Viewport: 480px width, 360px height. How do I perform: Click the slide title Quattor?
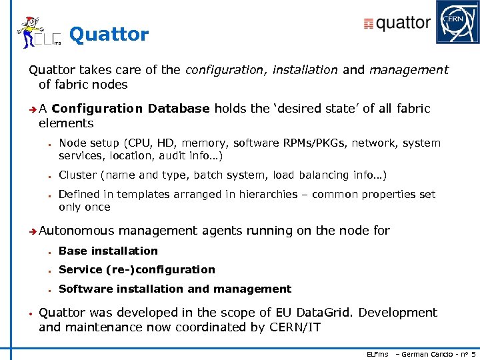click(109, 34)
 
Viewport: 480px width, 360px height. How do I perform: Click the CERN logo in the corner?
click(457, 22)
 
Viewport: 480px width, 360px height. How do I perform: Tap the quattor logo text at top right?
click(398, 23)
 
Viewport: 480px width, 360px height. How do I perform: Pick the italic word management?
click(409, 70)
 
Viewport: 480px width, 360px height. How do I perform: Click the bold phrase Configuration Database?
click(131, 109)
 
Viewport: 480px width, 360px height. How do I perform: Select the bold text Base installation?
click(108, 251)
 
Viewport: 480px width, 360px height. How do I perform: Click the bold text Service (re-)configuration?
click(137, 269)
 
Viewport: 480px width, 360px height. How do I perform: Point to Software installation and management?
click(175, 289)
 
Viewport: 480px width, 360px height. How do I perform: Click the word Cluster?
click(77, 175)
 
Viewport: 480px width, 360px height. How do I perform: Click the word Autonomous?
click(77, 231)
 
